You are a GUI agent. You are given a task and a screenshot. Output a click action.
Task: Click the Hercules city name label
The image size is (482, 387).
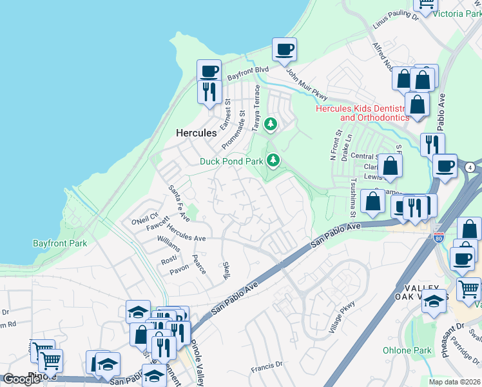196,133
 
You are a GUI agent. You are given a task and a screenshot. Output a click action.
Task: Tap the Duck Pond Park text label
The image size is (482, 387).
231,161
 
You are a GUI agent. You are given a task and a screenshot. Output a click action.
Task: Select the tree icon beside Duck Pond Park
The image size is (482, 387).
274,159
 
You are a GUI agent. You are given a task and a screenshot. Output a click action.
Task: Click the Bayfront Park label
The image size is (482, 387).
60,243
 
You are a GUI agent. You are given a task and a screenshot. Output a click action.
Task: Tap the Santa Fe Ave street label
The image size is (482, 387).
178,201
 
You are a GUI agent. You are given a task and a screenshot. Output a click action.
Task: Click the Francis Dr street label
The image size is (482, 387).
267,365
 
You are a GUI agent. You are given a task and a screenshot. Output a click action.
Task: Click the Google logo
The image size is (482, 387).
21,379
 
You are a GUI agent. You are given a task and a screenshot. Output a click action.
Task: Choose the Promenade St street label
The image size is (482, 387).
233,129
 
